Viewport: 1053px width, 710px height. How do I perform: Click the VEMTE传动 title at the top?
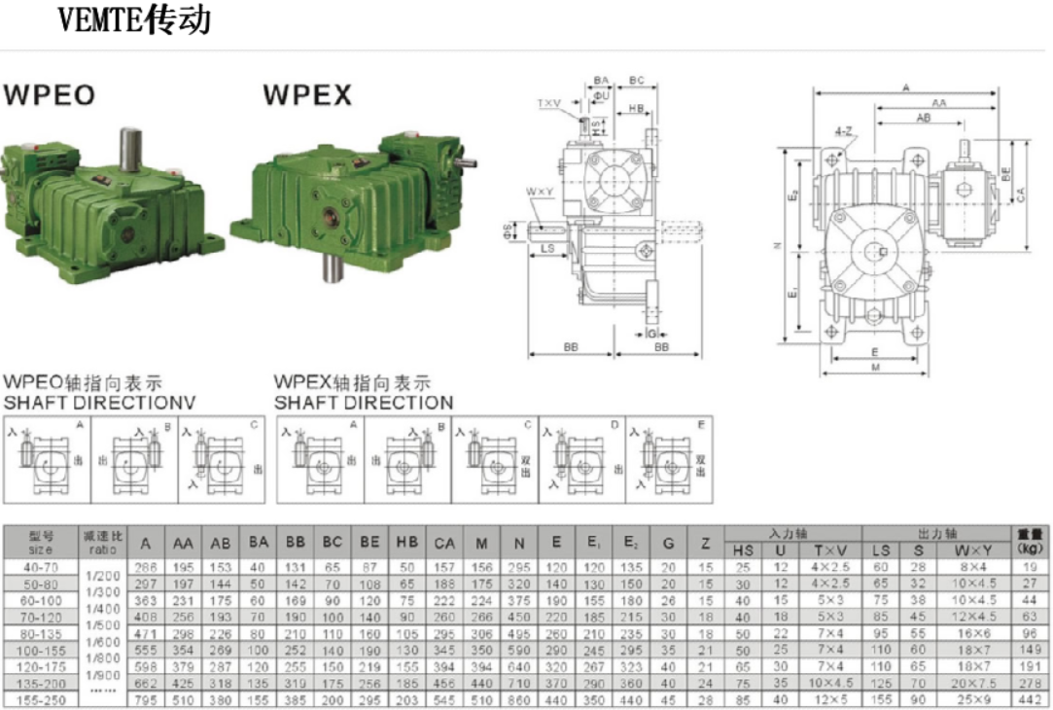(x=134, y=20)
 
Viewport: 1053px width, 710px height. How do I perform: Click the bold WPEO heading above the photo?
(x=50, y=95)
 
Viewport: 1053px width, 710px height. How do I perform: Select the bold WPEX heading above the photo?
(x=307, y=95)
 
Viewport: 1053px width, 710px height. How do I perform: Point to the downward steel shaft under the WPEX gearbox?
(x=332, y=266)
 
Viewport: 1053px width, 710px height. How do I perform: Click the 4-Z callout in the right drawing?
(x=843, y=130)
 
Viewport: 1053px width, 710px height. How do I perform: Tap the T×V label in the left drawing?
(x=549, y=102)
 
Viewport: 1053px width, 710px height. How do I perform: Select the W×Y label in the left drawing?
(x=540, y=192)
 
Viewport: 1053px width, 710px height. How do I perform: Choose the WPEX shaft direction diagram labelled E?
(x=670, y=459)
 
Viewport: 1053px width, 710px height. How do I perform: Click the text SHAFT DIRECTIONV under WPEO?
(x=99, y=402)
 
